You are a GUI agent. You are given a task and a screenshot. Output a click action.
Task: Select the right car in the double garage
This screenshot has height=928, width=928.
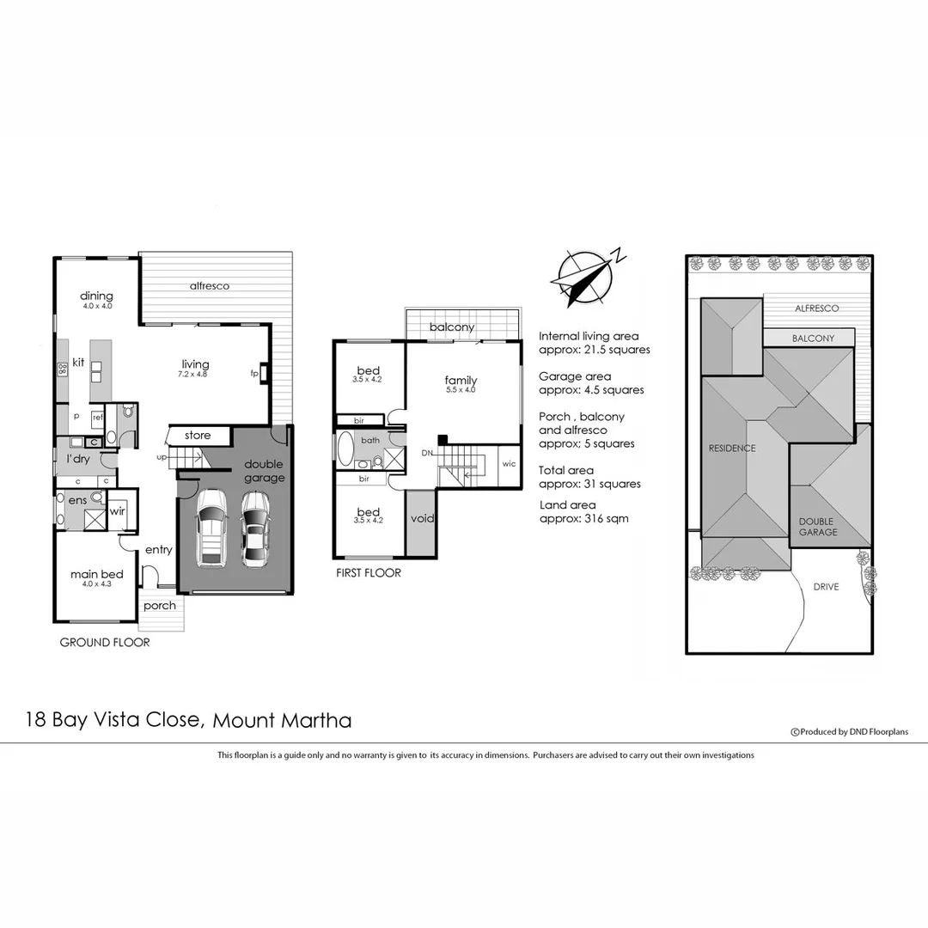254,528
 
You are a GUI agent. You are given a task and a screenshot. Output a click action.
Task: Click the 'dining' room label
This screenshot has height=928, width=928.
97,296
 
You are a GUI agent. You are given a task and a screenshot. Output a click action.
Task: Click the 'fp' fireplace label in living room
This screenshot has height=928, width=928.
254,374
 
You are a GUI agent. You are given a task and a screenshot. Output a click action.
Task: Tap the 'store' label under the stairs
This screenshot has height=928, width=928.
198,436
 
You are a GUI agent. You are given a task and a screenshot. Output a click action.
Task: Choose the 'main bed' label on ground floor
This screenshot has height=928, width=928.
97,575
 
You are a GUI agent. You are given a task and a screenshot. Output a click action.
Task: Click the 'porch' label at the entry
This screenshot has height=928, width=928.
160,606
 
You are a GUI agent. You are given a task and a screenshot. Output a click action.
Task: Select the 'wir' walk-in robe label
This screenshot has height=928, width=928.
116,513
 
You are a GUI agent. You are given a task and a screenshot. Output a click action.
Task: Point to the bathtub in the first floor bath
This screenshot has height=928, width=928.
345,449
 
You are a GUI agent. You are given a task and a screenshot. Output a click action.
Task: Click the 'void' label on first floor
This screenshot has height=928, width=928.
422,518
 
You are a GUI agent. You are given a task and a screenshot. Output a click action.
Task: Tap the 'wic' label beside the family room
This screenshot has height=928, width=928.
509,464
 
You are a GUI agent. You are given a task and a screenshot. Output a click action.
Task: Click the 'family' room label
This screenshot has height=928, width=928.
461,380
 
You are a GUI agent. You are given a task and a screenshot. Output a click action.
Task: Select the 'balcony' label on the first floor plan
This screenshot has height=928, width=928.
452,327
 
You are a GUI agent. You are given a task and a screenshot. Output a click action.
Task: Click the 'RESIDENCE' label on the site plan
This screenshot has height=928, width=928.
732,448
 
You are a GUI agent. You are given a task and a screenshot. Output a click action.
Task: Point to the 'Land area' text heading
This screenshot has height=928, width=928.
567,505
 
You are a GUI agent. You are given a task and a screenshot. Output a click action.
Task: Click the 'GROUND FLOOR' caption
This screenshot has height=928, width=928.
105,643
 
